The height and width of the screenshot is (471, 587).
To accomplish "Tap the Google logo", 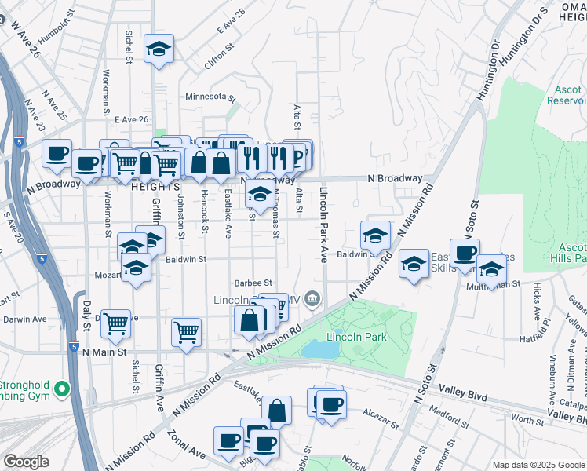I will [26, 462].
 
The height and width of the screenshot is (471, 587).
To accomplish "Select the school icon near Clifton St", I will [159, 49].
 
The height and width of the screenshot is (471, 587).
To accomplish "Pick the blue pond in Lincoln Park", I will [319, 349].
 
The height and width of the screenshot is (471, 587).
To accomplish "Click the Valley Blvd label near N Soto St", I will [464, 389].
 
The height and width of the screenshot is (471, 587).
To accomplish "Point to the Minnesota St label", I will [210, 97].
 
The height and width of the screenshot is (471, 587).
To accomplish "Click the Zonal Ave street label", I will [189, 447].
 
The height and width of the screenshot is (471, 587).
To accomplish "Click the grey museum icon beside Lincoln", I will [312, 298].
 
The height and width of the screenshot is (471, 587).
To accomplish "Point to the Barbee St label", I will [252, 283].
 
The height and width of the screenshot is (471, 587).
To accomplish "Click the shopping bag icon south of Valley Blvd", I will [276, 409].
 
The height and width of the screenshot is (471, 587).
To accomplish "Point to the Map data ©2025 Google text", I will [538, 465].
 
